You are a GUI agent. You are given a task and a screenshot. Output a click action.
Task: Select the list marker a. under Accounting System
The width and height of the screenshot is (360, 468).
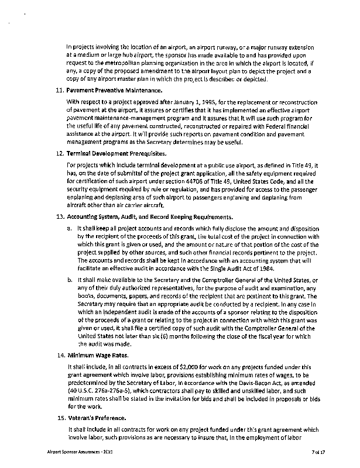pos(69,227)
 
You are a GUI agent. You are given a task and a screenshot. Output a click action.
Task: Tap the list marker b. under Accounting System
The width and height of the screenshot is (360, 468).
pos(69,280)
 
